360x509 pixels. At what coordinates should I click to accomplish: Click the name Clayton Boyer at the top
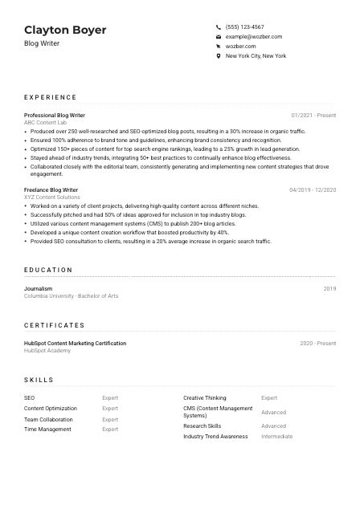(65, 30)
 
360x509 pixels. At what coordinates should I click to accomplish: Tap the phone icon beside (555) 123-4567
(219, 26)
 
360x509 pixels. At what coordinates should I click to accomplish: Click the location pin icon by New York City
(219, 56)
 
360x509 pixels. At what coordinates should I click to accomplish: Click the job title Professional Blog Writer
(54, 115)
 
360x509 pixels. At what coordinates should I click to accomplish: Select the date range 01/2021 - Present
(313, 115)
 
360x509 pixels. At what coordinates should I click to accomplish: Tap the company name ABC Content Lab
(45, 122)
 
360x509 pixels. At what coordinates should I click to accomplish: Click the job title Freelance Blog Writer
(51, 189)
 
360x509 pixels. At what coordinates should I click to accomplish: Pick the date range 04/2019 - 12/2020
(313, 189)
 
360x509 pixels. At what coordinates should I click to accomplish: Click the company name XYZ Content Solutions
(51, 197)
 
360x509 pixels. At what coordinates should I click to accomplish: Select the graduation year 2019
(329, 288)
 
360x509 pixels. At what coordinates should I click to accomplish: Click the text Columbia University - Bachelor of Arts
(71, 295)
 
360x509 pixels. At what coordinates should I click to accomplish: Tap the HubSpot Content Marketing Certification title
(75, 343)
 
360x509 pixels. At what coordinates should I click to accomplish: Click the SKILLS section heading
(39, 380)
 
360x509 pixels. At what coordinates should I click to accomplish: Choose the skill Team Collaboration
(48, 419)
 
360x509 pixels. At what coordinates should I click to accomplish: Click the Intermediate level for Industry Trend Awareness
(276, 437)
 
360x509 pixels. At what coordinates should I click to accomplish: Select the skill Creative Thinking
(204, 397)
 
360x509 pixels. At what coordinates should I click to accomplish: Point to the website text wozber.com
(240, 47)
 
